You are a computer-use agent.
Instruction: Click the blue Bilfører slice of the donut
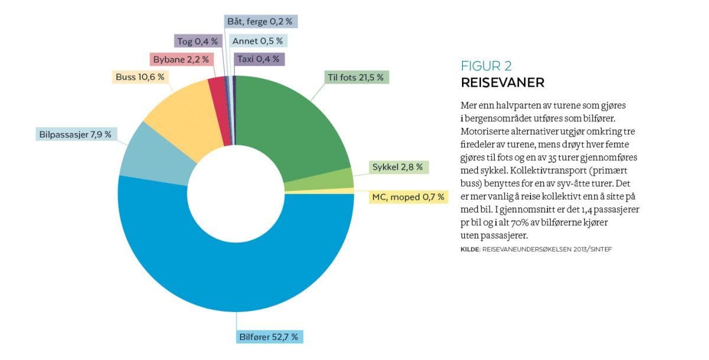pyautogui.click(x=236, y=278)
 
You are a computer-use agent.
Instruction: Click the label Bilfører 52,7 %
pyautogui.click(x=271, y=338)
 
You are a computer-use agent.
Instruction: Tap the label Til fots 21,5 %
pyautogui.click(x=355, y=77)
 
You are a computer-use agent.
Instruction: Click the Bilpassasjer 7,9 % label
pyautogui.click(x=76, y=134)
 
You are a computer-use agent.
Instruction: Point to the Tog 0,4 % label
pyautogui.click(x=197, y=41)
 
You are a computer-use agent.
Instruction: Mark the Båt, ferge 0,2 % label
pyautogui.click(x=259, y=21)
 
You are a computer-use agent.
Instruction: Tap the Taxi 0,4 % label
pyautogui.click(x=259, y=59)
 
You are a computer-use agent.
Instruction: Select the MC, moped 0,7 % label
pyautogui.click(x=407, y=197)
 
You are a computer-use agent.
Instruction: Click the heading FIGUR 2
pyautogui.click(x=486, y=66)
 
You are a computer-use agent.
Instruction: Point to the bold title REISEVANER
pyautogui.click(x=502, y=82)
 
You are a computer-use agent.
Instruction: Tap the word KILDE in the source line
pyautogui.click(x=470, y=250)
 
